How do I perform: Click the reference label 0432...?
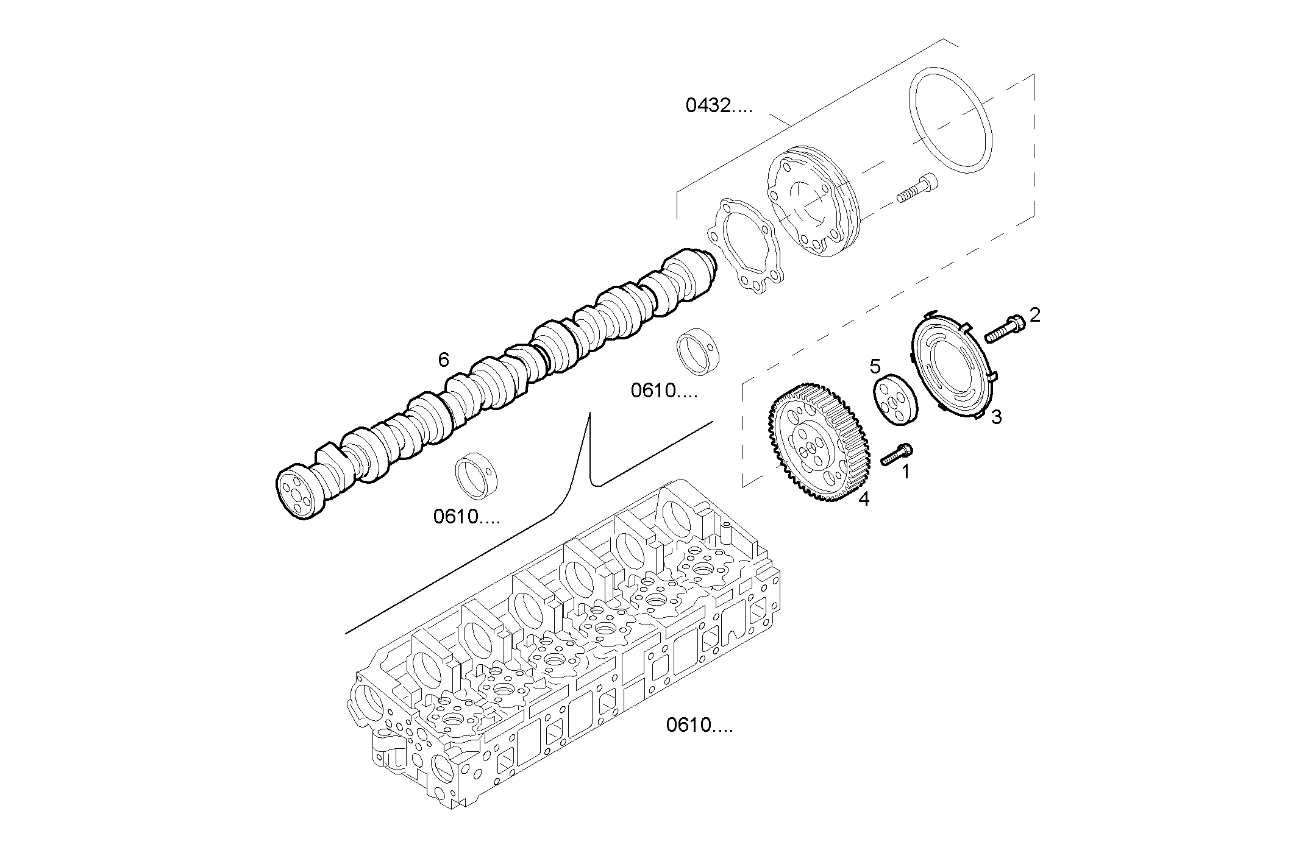point(718,106)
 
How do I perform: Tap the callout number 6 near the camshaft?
point(443,360)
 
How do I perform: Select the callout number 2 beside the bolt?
point(1034,315)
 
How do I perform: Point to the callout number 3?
point(995,417)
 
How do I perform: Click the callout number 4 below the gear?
point(863,499)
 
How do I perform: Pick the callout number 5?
point(875,366)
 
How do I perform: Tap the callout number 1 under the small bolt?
point(905,471)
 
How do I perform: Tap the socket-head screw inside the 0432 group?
point(917,187)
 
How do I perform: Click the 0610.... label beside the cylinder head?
point(699,726)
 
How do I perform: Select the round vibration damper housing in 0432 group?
point(811,201)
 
